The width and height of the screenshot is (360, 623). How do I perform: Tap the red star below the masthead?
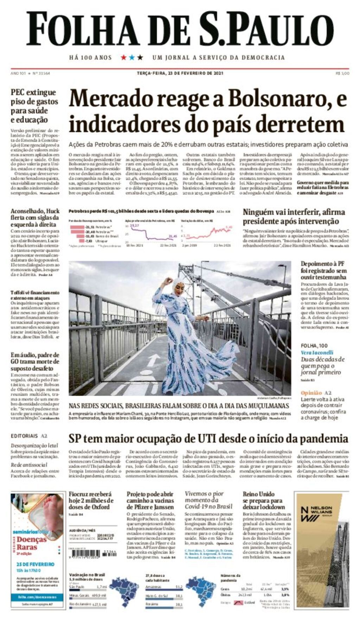pos(123,57)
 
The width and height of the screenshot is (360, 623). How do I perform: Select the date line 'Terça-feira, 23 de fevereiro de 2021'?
pos(180,73)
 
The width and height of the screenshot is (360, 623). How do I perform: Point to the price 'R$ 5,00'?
pos(342,73)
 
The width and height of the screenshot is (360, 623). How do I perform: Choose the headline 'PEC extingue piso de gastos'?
pos(34,97)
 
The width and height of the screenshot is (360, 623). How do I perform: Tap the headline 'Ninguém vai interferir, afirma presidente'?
pos(294,216)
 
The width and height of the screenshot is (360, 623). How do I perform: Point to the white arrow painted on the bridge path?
pos(153,361)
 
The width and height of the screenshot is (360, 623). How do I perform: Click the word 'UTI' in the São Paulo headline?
pos(208,439)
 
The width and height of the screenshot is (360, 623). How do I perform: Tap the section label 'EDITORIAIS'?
pos(24,436)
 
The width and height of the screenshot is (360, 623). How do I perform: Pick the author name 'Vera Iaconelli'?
pos(317,352)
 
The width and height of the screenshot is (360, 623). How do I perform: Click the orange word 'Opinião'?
pos(311,393)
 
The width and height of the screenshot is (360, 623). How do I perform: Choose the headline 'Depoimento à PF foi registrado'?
pos(323,271)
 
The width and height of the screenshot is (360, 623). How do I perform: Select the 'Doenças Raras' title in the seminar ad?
pos(32,543)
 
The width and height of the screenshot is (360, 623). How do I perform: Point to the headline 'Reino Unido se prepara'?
pos(263,500)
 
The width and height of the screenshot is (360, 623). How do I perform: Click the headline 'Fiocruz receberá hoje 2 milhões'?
pos(91,500)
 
